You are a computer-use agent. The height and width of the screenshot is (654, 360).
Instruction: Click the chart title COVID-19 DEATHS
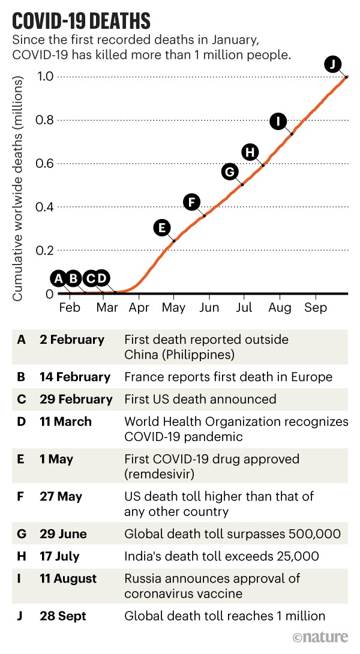[81, 22]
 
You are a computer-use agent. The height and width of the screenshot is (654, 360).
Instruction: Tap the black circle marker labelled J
[332, 63]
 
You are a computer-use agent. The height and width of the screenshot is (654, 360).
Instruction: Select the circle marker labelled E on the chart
[161, 227]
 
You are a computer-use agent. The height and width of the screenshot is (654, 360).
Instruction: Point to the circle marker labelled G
[229, 172]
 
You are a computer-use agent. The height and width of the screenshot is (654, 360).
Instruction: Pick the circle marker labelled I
[278, 121]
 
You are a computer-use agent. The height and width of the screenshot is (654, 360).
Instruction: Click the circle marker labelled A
[58, 278]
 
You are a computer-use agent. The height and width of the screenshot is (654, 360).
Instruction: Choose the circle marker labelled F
[191, 202]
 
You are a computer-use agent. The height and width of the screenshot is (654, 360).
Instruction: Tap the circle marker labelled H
[250, 152]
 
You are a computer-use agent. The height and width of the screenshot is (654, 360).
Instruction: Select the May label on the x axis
[174, 308]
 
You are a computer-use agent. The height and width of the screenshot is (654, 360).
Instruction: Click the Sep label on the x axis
[315, 308]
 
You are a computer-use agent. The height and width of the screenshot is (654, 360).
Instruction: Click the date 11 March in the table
[65, 422]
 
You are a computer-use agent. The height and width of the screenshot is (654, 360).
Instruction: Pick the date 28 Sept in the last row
[64, 616]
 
